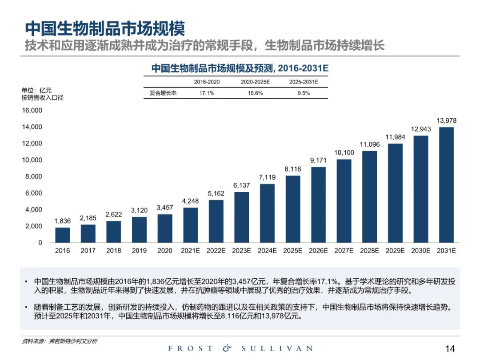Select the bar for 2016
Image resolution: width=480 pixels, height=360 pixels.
click(x=62, y=235)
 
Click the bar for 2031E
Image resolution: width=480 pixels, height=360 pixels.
click(x=446, y=185)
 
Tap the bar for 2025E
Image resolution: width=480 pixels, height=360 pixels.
click(x=292, y=209)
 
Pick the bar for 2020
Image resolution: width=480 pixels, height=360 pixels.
click(x=164, y=228)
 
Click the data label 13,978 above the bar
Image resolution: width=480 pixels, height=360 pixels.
click(x=446, y=120)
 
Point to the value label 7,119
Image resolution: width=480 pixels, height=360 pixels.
click(x=267, y=177)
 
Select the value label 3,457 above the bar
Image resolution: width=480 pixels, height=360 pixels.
click(x=164, y=208)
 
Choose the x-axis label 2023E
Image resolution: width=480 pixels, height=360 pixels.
click(x=241, y=251)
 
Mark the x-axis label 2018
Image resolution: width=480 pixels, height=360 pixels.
click(x=113, y=251)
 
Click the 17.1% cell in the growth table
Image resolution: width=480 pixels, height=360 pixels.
click(x=207, y=93)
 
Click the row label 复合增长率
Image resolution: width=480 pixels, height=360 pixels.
click(x=163, y=93)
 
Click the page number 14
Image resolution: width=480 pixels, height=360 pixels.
click(x=450, y=348)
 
